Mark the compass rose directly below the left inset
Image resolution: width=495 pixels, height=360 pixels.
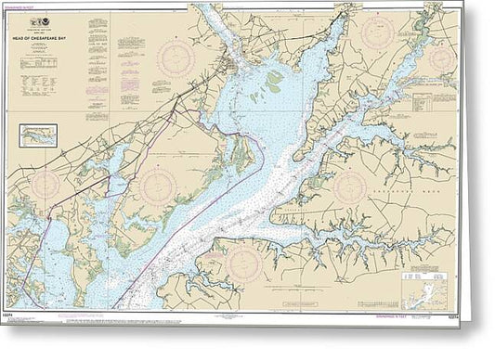pos(44,186)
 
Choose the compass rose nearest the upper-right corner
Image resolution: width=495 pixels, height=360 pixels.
pos(443,59)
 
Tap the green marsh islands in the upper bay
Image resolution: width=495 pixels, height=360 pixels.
pos(276,83)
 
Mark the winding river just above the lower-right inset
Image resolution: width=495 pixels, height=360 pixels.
pos(409,252)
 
